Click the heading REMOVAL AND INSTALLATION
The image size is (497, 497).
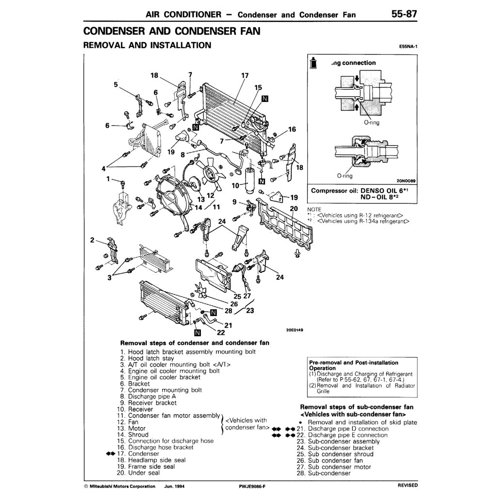[147, 46]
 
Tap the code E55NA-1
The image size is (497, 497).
[407, 47]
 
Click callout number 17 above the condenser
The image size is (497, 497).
[245, 76]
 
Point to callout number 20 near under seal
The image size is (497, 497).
[293, 208]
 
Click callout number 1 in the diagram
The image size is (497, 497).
[109, 179]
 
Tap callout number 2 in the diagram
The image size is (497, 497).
[92, 240]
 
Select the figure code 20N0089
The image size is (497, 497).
[405, 180]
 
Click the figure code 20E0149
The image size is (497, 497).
[295, 330]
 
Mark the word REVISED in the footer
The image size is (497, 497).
[407, 485]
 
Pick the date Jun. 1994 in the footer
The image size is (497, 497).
[174, 485]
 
